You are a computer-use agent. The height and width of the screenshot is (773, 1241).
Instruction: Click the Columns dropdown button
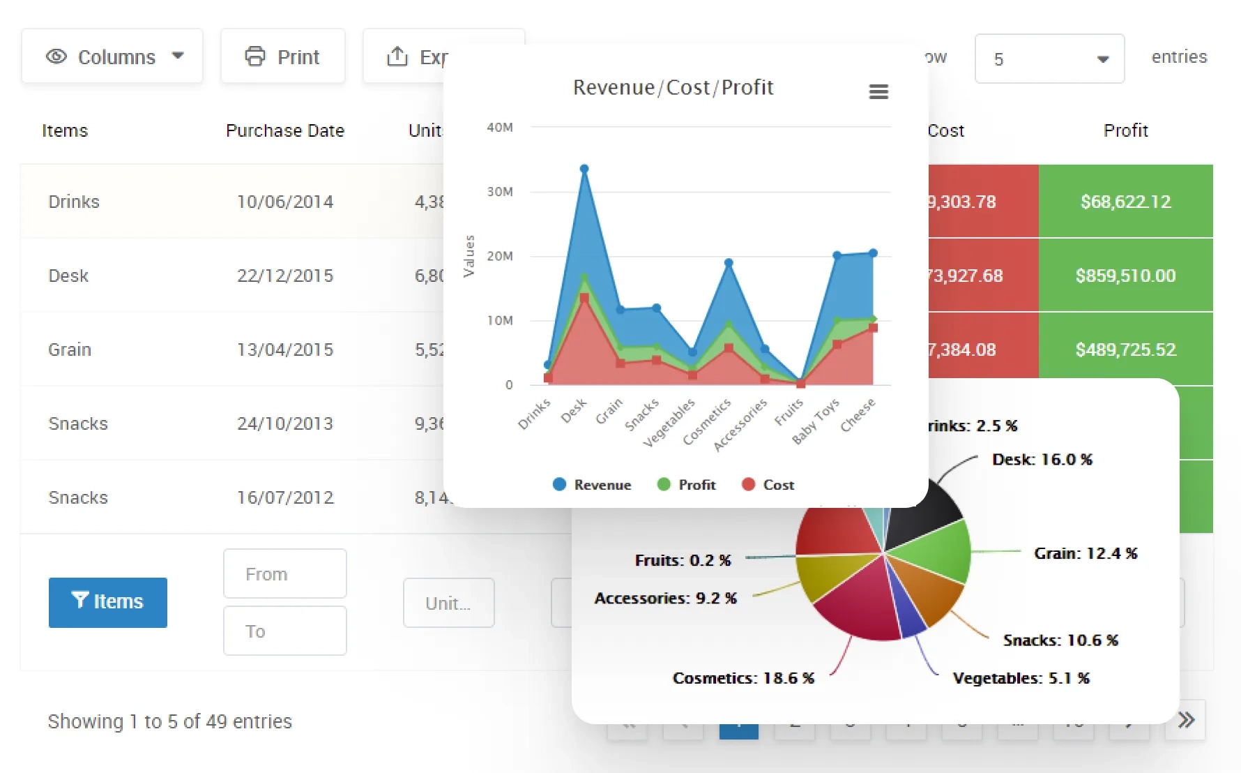(x=112, y=57)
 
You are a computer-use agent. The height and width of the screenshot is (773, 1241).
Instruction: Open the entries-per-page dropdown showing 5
(x=1049, y=59)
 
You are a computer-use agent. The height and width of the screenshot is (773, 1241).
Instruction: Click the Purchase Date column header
(x=284, y=130)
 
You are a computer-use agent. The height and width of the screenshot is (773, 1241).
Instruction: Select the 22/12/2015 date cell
(x=284, y=276)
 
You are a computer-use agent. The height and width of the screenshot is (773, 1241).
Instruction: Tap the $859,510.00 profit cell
(x=1125, y=276)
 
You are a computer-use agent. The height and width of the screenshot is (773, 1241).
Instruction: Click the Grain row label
(x=70, y=350)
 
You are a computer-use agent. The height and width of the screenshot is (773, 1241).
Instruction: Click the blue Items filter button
(x=108, y=602)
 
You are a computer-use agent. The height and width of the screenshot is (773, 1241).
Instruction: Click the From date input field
(x=284, y=573)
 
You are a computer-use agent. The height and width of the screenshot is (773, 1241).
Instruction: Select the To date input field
(x=284, y=631)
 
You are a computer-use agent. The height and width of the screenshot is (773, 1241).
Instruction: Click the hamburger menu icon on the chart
(x=878, y=91)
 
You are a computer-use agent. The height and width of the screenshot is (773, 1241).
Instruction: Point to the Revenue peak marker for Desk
(x=584, y=169)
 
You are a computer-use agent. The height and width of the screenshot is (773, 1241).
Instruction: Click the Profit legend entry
(x=687, y=485)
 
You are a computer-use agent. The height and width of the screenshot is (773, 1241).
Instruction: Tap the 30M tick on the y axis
(x=499, y=192)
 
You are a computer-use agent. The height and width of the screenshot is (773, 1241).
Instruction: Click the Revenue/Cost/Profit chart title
(x=673, y=87)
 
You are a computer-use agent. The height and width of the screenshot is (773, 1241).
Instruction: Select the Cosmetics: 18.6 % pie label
(x=743, y=678)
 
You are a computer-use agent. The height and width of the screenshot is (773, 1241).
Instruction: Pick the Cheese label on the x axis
(x=858, y=416)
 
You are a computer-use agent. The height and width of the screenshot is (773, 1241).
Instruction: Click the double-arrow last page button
(x=1185, y=720)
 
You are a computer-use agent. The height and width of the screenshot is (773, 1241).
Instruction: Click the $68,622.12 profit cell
(x=1125, y=202)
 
